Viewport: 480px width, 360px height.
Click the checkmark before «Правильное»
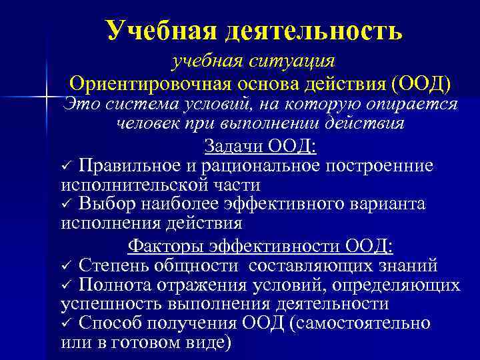click(x=66, y=165)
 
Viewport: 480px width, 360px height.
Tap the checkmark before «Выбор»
click(x=66, y=203)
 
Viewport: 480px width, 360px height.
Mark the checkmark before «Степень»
click(x=66, y=267)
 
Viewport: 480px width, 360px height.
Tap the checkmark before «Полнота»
click(x=66, y=285)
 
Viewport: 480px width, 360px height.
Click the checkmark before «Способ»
click(x=66, y=323)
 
